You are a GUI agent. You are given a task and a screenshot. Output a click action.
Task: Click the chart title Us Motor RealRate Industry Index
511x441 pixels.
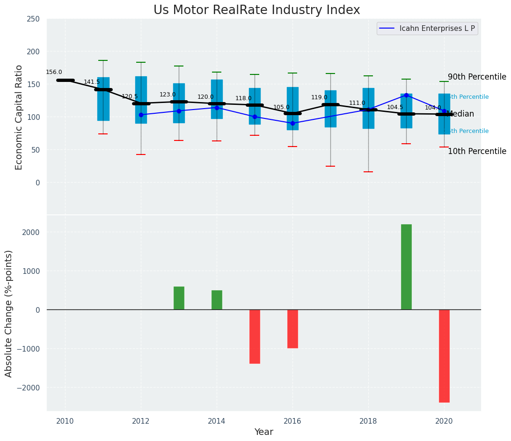point(256,10)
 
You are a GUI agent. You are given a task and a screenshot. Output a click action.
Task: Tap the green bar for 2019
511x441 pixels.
point(406,267)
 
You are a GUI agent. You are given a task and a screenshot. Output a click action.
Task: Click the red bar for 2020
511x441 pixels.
point(444,356)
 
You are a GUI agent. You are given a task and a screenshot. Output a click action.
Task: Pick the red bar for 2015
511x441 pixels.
point(255,336)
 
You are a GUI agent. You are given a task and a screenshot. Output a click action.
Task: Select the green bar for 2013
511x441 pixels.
point(179,298)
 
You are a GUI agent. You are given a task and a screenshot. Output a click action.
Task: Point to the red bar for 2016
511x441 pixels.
point(292,329)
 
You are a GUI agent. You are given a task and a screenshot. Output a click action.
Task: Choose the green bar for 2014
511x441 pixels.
point(217,300)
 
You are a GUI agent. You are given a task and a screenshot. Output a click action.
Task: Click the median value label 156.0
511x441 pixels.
point(54,73)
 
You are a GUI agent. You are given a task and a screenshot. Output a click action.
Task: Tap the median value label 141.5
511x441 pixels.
point(92,82)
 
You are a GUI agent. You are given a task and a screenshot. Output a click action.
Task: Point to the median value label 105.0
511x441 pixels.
point(281,108)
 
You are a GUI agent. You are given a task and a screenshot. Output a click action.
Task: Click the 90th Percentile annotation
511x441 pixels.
point(477,77)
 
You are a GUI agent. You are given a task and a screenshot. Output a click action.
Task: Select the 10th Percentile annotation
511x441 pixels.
point(477,152)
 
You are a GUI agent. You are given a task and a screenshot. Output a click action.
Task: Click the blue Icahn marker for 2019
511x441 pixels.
point(406,95)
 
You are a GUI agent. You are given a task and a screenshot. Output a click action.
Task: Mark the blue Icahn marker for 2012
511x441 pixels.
point(141,115)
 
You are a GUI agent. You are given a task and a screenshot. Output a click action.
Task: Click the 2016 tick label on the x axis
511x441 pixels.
point(292,421)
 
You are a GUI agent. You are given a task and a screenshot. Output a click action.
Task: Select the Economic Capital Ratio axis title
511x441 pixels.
point(19,117)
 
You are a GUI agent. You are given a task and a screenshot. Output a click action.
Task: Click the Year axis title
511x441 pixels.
point(263,432)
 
